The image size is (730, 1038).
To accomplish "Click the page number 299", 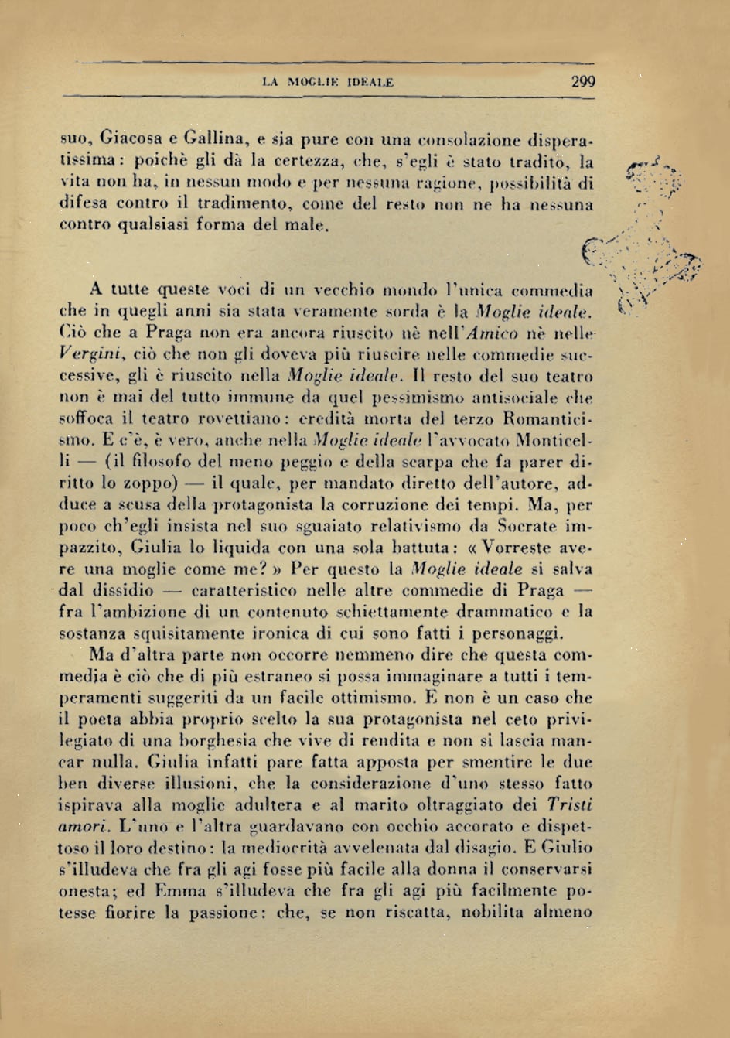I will click(x=583, y=80).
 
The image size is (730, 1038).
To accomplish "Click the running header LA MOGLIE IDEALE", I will click(x=328, y=81).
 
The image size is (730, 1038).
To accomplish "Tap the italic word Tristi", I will click(x=569, y=804).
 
